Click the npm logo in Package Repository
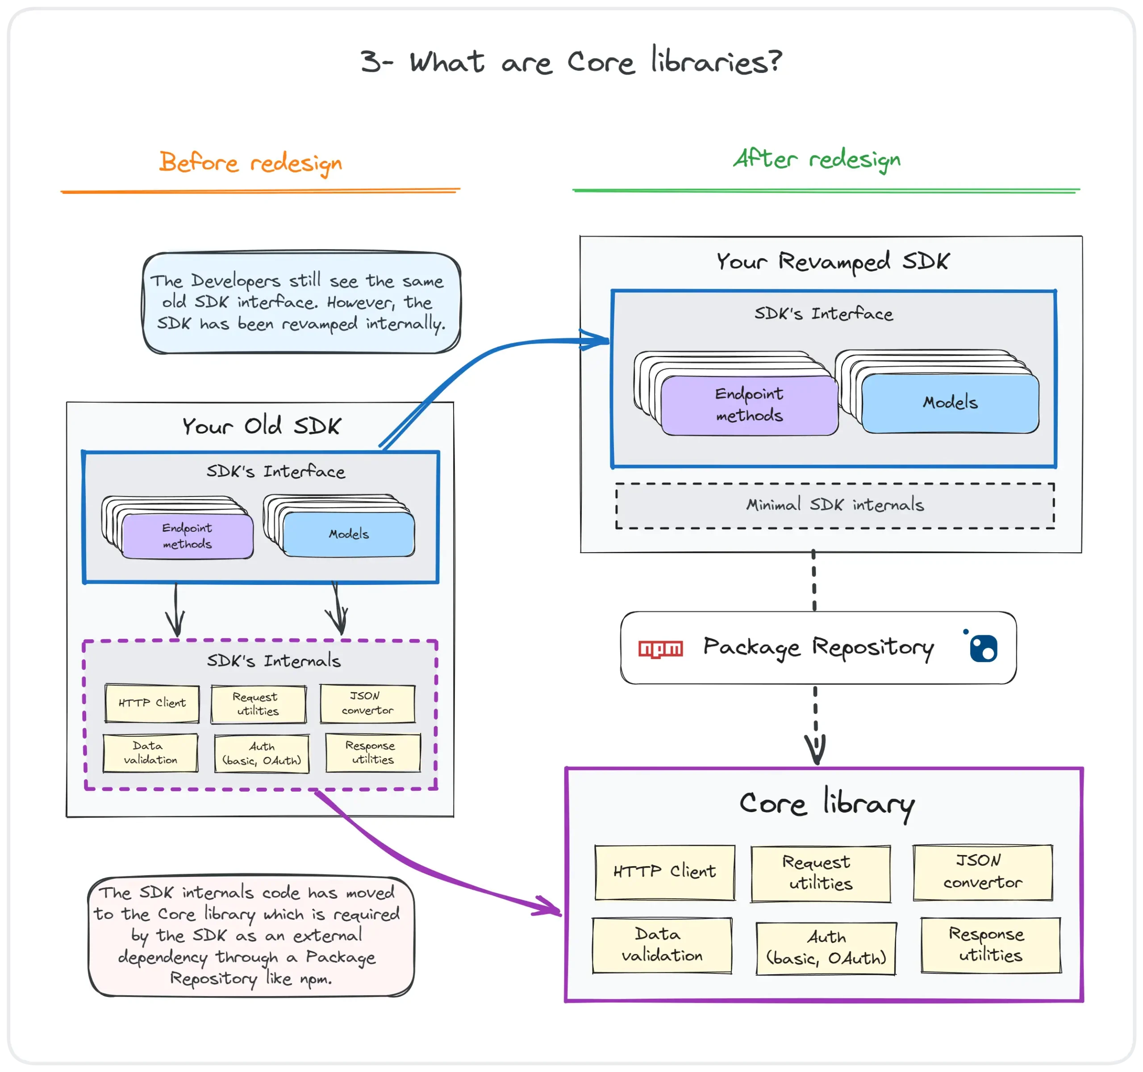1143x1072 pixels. (x=661, y=649)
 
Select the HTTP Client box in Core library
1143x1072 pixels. (x=665, y=872)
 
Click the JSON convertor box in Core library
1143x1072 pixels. (x=983, y=872)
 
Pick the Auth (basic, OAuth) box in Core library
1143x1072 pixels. (x=826, y=948)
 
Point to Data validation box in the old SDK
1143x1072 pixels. (x=150, y=753)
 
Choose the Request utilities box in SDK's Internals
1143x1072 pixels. (x=258, y=704)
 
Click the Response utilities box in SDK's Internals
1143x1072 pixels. (x=372, y=752)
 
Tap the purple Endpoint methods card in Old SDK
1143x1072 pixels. (x=188, y=536)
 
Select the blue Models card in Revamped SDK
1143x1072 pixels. (x=951, y=402)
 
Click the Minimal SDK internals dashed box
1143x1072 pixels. (x=835, y=505)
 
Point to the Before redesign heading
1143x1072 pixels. (x=250, y=163)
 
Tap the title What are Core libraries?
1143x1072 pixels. (x=571, y=62)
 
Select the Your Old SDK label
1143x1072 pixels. (x=262, y=426)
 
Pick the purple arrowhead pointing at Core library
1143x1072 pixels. (x=548, y=906)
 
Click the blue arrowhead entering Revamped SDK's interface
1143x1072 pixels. (x=596, y=340)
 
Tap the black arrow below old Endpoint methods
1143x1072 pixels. (x=175, y=610)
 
